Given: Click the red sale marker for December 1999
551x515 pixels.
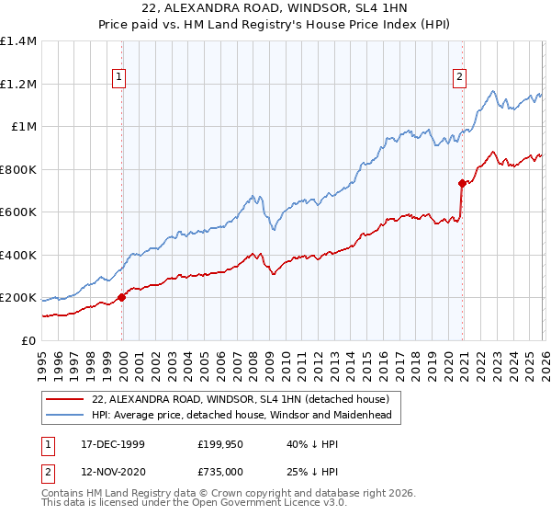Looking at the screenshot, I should pyautogui.click(x=122, y=298).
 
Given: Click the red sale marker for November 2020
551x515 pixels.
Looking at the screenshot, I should pyautogui.click(x=462, y=184).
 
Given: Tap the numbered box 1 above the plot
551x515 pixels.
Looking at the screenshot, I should pyautogui.click(x=122, y=77).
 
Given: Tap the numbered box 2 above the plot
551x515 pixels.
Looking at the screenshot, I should pyautogui.click(x=458, y=77).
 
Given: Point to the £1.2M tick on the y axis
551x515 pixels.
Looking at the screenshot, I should pyautogui.click(x=18, y=84).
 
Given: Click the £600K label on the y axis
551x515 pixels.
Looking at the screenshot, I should pyautogui.click(x=18, y=212).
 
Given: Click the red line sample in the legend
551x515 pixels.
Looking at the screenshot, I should pyautogui.click(x=65, y=399).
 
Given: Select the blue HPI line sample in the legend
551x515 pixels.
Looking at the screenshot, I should pyautogui.click(x=65, y=416).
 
